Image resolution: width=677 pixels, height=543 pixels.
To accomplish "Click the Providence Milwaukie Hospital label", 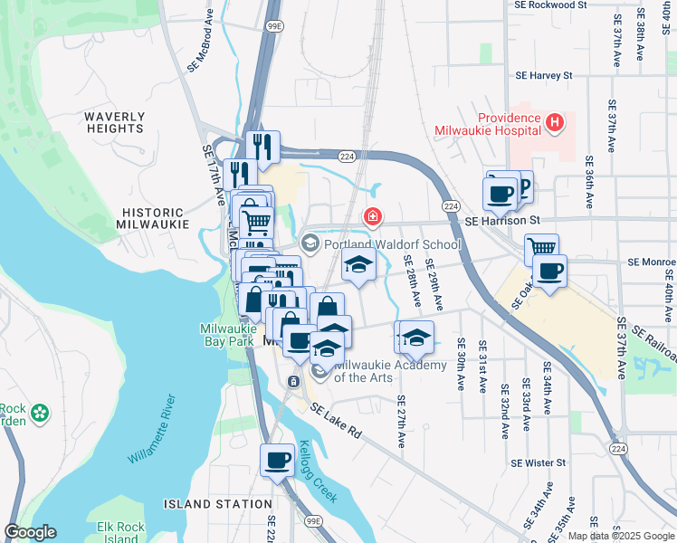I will [x=507, y=125].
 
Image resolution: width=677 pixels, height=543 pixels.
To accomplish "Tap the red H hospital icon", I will [x=555, y=121].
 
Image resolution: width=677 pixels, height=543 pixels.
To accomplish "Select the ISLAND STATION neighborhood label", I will [x=218, y=504].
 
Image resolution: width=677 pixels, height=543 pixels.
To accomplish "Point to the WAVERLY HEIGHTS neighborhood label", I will [x=114, y=122].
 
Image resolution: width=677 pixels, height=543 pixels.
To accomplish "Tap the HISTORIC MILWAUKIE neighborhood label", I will [x=153, y=217].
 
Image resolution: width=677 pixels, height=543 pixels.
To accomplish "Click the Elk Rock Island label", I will [x=118, y=532].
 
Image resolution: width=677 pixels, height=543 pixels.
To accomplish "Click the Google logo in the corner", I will [x=30, y=532].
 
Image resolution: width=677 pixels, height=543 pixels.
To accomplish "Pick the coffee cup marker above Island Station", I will [x=277, y=460].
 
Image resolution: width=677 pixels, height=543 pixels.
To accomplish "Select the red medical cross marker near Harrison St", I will [x=371, y=216].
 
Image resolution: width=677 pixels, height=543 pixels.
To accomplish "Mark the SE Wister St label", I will [x=538, y=462].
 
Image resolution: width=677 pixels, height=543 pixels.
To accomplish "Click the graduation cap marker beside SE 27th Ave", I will [x=415, y=338].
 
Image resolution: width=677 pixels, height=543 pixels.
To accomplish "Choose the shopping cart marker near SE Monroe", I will [x=541, y=247].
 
